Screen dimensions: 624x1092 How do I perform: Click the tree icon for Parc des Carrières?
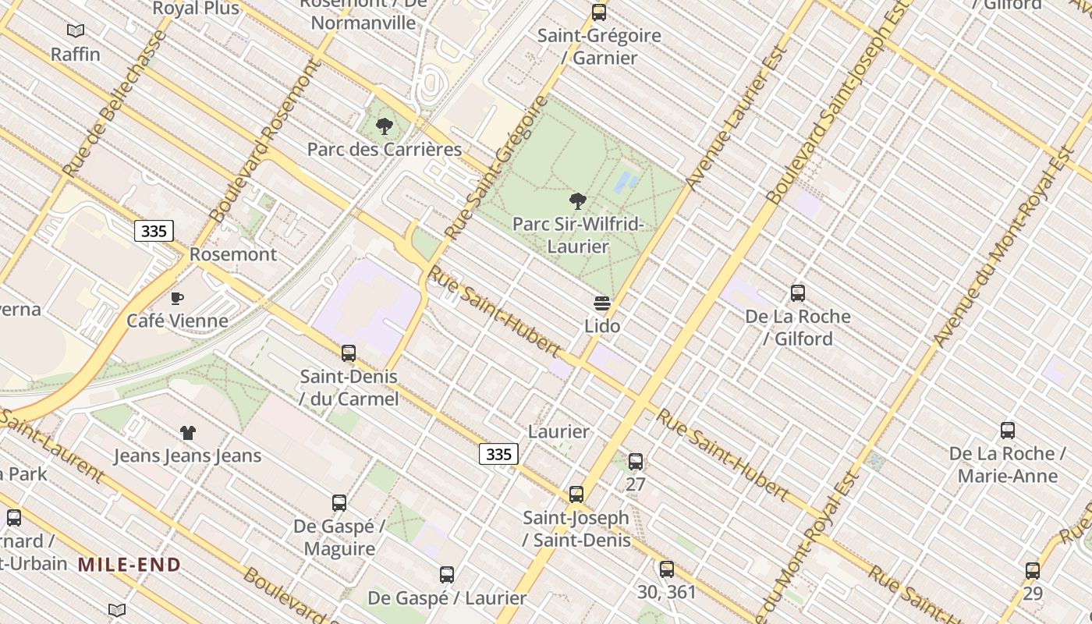click(x=384, y=126)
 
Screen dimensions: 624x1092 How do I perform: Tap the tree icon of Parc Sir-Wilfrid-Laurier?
click(x=577, y=201)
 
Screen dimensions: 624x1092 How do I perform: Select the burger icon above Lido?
click(x=601, y=303)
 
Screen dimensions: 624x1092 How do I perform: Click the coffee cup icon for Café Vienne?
click(x=177, y=298)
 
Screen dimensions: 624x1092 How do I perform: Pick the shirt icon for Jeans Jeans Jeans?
click(x=187, y=433)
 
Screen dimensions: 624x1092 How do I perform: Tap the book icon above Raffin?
click(x=76, y=31)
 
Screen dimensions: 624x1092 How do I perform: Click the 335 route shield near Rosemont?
click(x=154, y=231)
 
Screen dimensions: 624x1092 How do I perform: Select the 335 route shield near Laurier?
click(x=498, y=454)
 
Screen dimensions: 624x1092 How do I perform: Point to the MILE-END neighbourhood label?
click(x=129, y=565)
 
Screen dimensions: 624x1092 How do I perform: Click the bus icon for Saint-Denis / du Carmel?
click(x=349, y=353)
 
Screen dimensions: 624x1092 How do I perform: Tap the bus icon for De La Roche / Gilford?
click(x=797, y=293)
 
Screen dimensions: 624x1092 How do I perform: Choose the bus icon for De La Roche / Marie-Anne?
click(x=1007, y=431)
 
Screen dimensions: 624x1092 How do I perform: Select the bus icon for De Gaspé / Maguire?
click(x=339, y=503)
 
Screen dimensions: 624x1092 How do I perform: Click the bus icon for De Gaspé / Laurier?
click(x=447, y=575)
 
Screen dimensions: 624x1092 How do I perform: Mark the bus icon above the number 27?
click(x=636, y=462)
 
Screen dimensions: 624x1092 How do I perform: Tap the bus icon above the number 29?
click(x=1033, y=571)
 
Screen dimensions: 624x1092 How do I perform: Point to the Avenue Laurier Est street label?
click(x=736, y=117)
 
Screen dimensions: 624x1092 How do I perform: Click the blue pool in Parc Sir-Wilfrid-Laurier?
click(x=626, y=183)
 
